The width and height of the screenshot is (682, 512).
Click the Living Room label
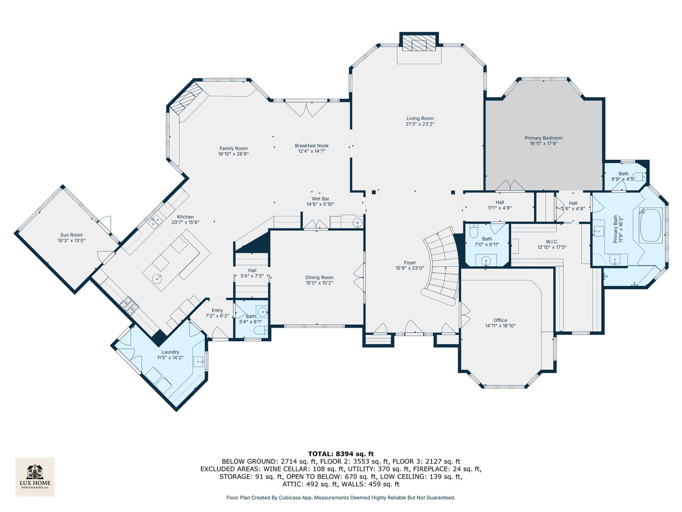point(420,119)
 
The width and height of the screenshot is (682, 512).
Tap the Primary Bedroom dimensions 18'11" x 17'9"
point(543,143)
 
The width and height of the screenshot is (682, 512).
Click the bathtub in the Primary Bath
point(651,225)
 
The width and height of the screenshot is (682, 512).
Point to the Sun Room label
point(72,235)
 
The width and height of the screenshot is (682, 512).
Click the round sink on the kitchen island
point(158,278)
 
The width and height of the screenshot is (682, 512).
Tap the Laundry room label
point(170,352)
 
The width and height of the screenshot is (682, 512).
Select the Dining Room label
point(319,277)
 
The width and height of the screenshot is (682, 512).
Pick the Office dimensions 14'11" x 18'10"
point(500,326)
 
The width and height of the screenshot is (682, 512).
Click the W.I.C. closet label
point(552,242)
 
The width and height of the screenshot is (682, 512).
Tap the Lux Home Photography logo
point(35,476)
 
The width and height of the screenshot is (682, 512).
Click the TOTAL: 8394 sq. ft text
point(341,454)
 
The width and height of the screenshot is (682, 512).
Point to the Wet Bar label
point(320,199)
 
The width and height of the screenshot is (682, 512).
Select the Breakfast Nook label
point(312,146)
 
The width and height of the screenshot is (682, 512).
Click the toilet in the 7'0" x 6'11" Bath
point(474,232)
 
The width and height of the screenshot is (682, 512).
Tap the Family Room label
point(233,148)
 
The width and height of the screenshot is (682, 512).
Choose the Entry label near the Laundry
point(217,311)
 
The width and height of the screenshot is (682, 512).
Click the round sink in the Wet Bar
point(357,222)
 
